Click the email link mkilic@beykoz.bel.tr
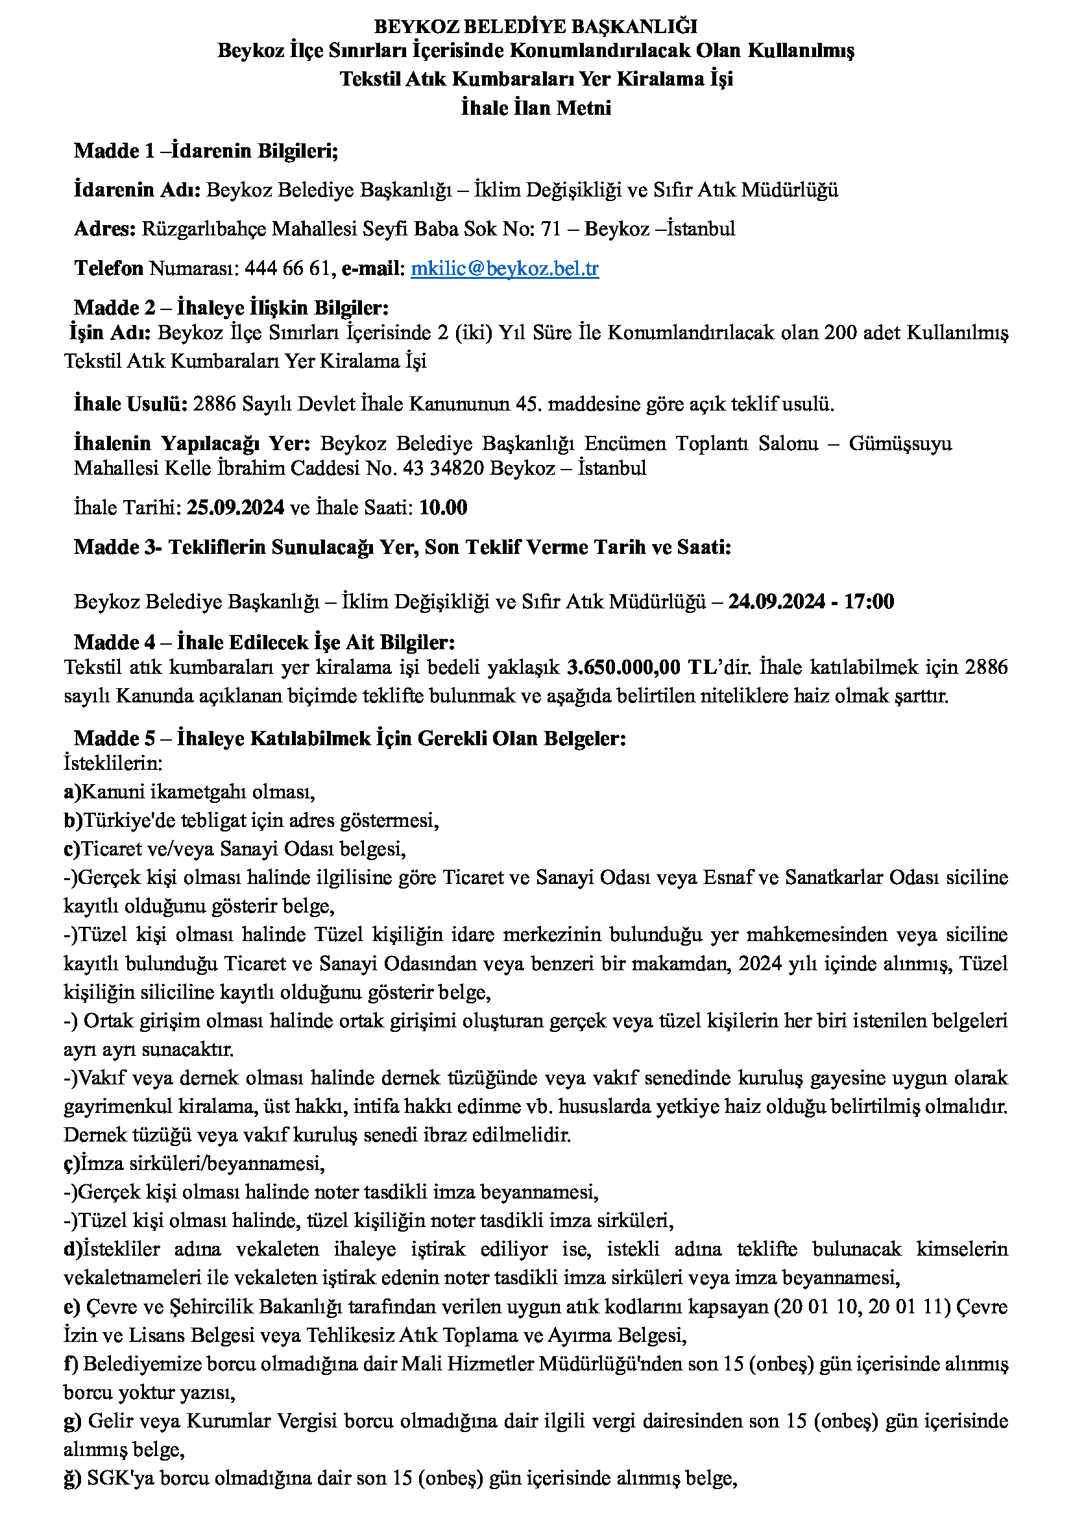505,269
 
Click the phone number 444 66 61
287,269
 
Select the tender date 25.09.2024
235,507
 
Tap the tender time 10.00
442,507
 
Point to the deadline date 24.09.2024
777,601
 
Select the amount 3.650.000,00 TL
642,667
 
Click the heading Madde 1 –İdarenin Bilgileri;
206,150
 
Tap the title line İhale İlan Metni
536,108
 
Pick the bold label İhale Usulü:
131,403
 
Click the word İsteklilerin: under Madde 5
113,763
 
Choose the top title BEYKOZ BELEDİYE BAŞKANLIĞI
536,27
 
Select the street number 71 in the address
550,228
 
